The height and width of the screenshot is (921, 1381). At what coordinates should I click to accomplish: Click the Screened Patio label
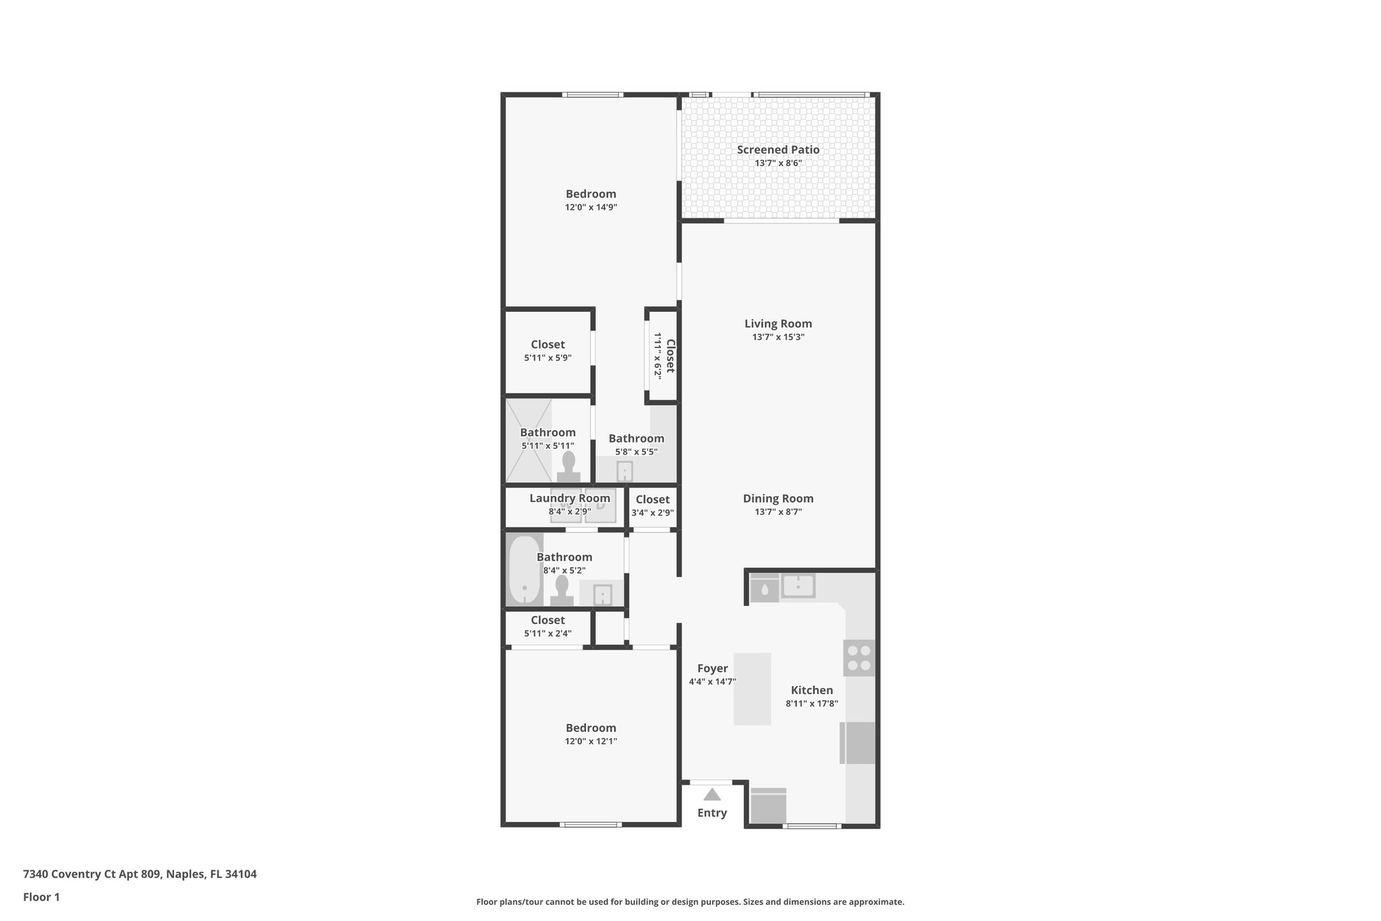777,150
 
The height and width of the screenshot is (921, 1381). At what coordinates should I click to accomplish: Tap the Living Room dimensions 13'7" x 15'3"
777,337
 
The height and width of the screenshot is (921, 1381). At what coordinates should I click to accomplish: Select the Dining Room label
777,499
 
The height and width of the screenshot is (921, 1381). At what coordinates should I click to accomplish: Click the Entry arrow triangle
712,795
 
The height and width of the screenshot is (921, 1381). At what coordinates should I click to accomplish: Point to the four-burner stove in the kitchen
859,658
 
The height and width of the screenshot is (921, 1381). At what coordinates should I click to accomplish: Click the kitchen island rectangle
752,689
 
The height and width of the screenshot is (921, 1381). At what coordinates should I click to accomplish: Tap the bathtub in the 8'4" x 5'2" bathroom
524,571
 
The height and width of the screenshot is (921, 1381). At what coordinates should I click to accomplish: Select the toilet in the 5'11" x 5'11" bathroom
568,466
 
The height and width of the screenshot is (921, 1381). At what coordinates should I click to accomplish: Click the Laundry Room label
569,498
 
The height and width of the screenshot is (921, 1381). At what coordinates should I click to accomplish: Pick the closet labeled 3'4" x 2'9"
652,505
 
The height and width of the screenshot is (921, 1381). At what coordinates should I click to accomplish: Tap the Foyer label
712,669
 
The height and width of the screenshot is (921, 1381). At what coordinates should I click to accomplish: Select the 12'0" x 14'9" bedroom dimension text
591,208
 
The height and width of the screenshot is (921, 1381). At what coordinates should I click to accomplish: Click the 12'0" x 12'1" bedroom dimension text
591,742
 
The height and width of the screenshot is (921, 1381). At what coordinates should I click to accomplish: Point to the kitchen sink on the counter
798,586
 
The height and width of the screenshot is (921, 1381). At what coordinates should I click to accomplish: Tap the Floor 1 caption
41,897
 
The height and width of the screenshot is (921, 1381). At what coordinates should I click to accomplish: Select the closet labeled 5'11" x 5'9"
548,351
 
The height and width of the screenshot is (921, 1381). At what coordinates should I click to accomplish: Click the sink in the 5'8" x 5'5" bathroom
625,471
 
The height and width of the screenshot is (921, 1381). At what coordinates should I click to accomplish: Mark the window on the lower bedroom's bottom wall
590,825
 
